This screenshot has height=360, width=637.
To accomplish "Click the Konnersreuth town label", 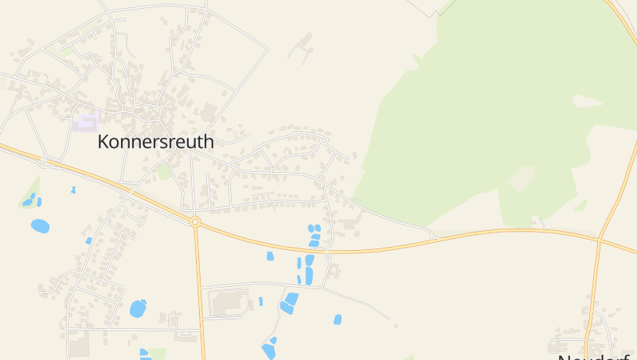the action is point(155,142).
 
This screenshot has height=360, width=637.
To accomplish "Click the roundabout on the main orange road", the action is point(195,221).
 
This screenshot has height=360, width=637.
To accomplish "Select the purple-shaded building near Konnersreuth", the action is point(86,122).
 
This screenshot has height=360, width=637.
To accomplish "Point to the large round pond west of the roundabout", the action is point(40,226).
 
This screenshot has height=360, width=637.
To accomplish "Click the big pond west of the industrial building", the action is point(138,308).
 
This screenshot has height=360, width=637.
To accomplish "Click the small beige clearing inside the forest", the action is point(522,178).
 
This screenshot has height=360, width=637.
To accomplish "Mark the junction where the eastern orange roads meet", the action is point(598,237).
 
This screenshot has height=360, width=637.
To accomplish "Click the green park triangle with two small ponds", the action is point(30,194).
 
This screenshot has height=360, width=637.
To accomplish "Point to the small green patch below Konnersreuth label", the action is point(163,171).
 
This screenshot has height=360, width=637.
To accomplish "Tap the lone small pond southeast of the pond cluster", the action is point(338,319).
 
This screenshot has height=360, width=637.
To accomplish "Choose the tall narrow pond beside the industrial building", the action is point(260,302).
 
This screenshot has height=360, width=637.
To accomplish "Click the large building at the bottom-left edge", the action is point(78,346).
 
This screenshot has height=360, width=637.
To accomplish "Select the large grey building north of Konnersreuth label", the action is point(209,112).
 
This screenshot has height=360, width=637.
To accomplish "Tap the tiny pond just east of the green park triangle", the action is point(73,190).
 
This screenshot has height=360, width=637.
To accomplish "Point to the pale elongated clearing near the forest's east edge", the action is point(588,101).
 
